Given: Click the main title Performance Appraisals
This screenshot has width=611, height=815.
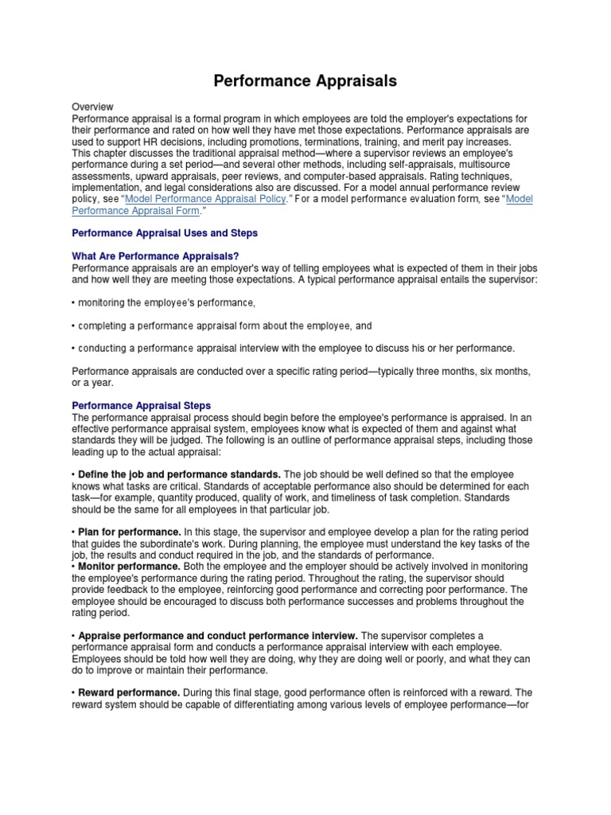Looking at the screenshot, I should tap(305, 81).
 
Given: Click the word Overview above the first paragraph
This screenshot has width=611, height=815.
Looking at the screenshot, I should tap(93, 107).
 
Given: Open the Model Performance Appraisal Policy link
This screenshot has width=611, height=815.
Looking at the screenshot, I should tap(205, 199).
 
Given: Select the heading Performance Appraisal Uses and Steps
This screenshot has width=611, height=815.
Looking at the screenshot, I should tap(165, 233).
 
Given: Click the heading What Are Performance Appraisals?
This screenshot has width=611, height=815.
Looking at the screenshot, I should tap(155, 256).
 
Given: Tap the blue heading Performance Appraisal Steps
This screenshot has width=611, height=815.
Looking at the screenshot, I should tap(142, 405).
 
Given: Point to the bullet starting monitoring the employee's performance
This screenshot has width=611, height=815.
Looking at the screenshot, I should tap(165, 303).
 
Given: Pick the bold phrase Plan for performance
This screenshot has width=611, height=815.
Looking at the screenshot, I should tap(129, 532).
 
